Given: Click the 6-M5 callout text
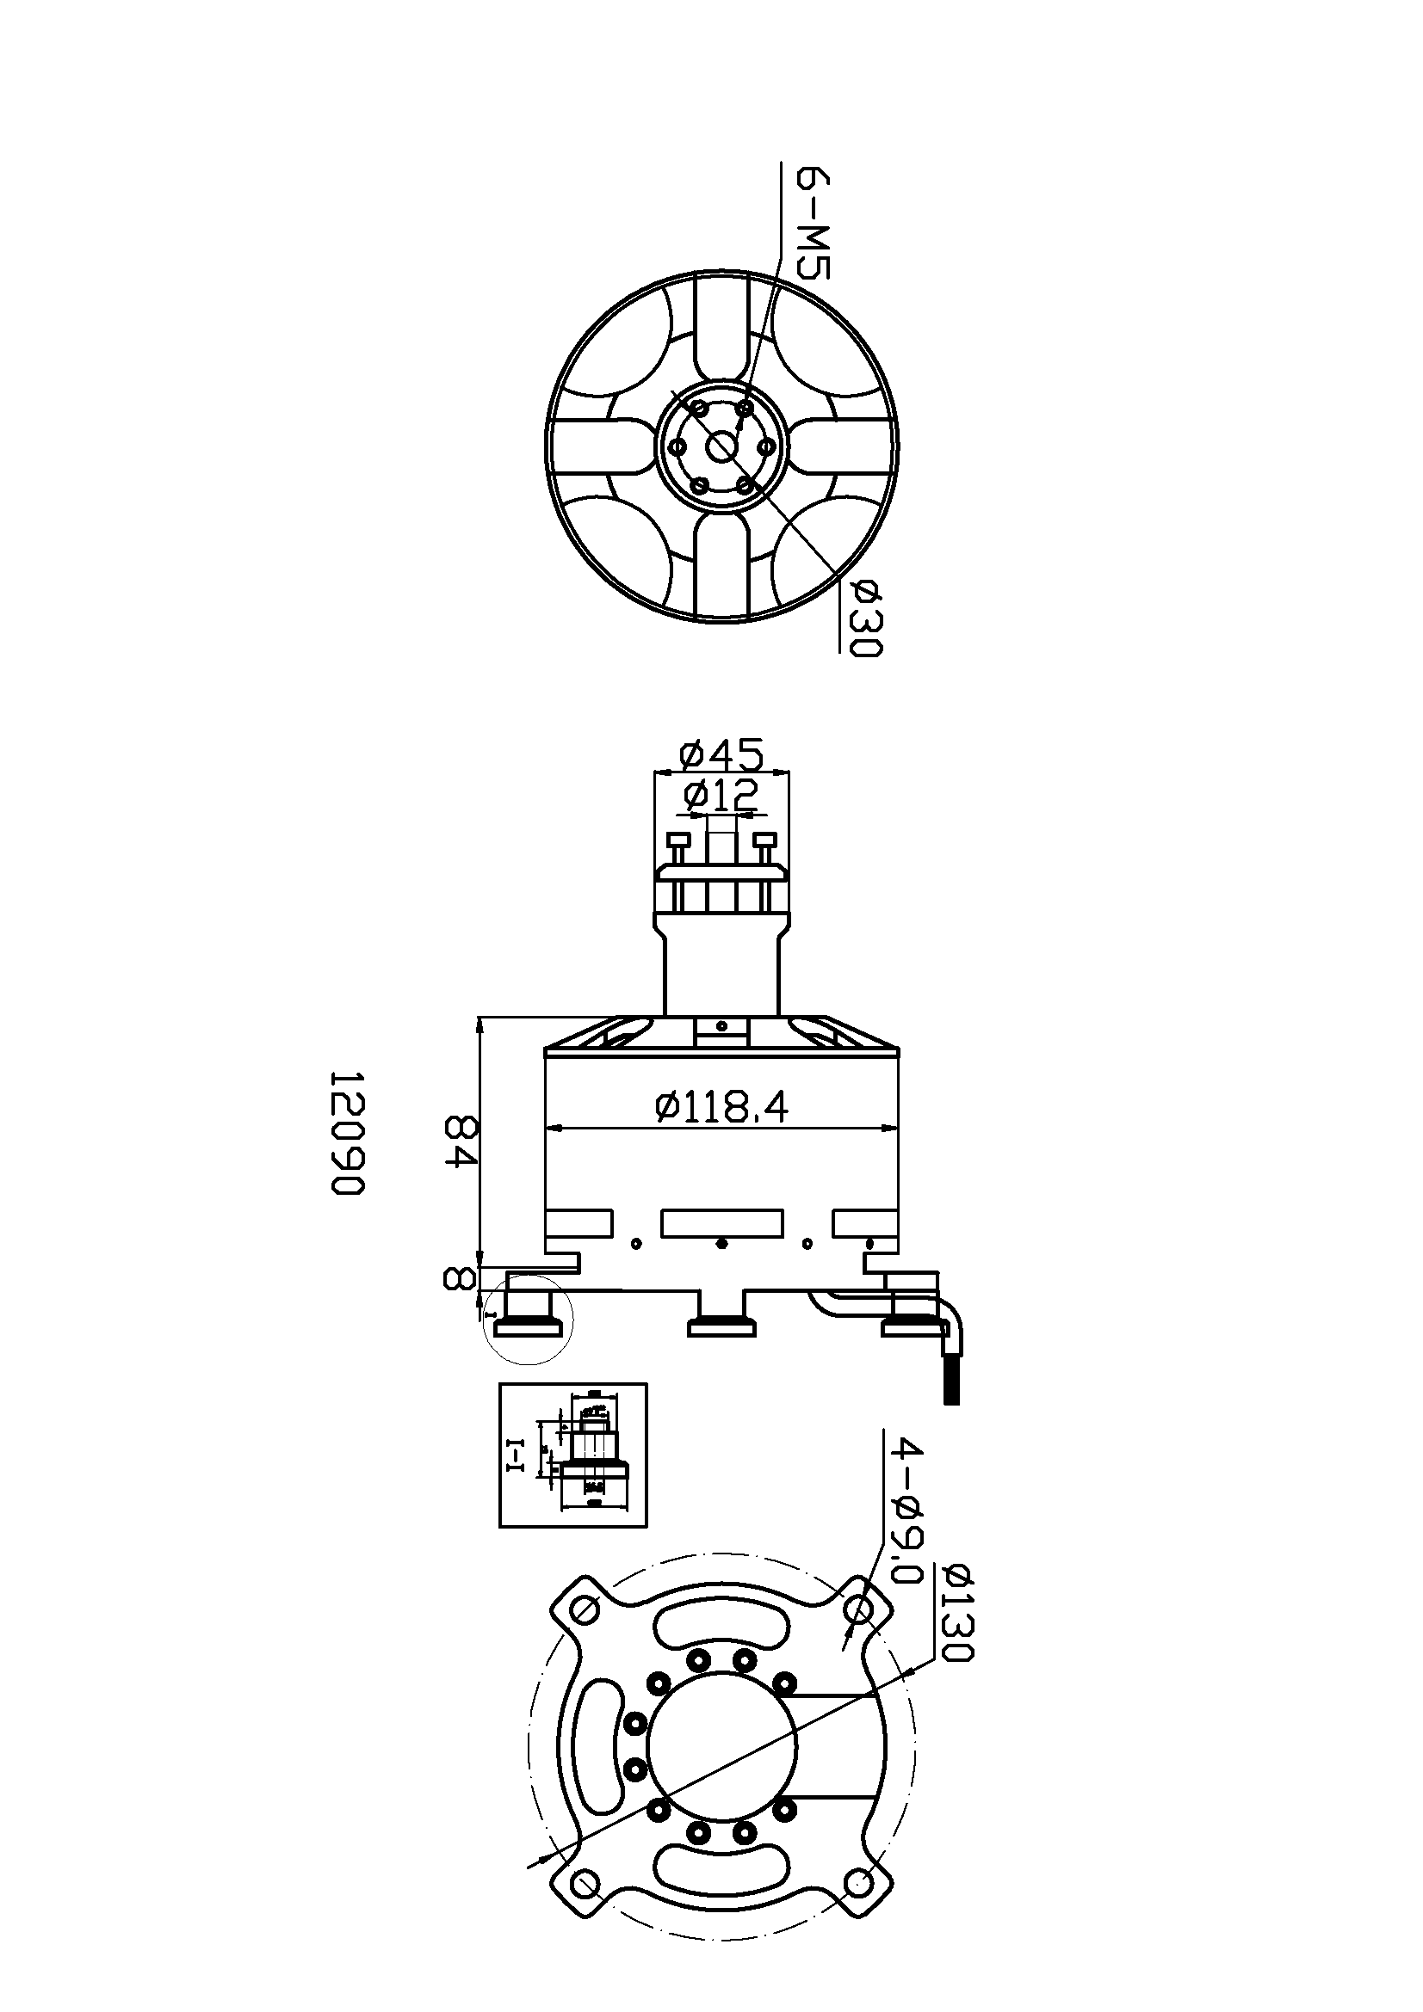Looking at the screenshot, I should (812, 224).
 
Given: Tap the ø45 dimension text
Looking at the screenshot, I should (721, 753).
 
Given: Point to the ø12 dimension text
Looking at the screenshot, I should (721, 795).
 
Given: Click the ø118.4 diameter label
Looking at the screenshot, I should (721, 1108).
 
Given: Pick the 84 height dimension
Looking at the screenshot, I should (460, 1139).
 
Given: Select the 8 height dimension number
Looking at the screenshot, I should (457, 1278).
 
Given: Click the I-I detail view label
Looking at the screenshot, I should (516, 1455).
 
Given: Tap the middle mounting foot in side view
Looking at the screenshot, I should (721, 1328).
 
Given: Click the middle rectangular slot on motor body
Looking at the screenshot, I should (721, 1223).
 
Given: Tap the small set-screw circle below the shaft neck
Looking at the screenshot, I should (721, 1026).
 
